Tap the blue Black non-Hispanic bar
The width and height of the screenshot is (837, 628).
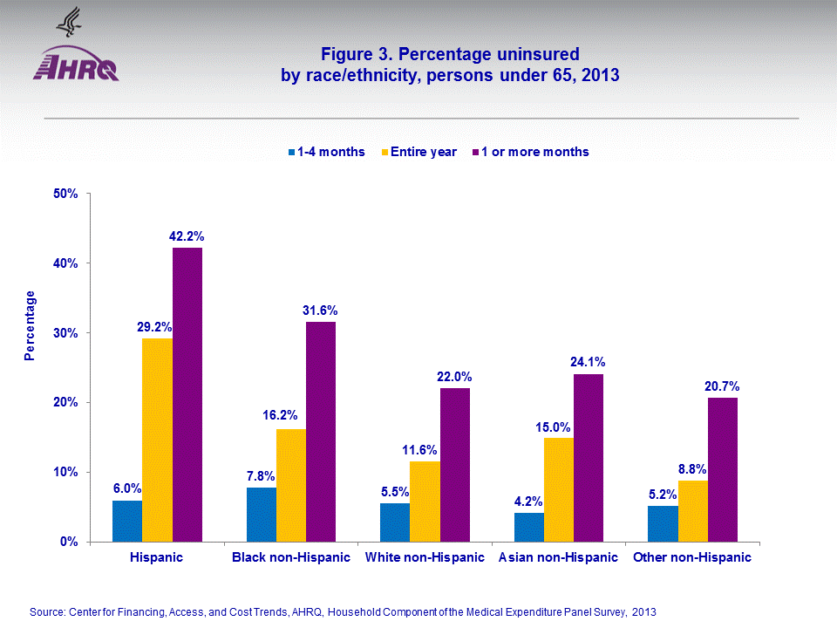click(x=262, y=515)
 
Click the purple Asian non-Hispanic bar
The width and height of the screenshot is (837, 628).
click(x=589, y=458)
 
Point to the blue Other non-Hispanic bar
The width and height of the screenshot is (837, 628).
click(x=663, y=523)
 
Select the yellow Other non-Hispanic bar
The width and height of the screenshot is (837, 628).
click(x=692, y=511)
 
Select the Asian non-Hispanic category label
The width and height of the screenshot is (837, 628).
click(x=557, y=557)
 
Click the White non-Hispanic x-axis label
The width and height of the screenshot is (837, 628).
click(x=425, y=557)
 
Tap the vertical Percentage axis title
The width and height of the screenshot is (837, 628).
click(x=31, y=325)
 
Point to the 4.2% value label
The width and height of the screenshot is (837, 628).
click(x=528, y=502)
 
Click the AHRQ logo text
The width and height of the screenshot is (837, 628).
click(x=76, y=68)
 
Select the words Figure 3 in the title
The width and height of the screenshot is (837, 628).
click(x=355, y=54)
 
